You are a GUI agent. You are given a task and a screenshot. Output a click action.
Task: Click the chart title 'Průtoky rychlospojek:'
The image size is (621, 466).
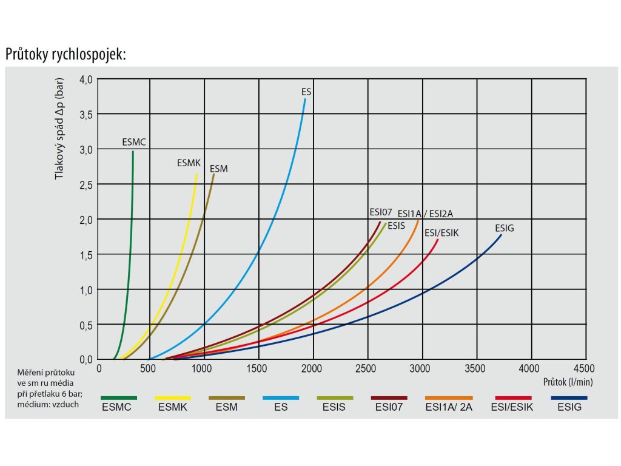(x=65, y=54)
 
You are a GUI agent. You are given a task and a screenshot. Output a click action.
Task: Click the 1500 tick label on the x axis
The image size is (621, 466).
(x=258, y=368)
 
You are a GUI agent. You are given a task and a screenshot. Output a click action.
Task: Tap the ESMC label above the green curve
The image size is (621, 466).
(x=134, y=143)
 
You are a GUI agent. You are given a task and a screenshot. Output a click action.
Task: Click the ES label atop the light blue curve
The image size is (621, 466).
(x=306, y=92)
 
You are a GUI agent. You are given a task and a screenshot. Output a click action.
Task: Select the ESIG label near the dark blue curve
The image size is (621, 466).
(x=505, y=228)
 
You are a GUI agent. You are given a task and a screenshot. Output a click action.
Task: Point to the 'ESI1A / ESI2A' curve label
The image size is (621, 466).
(x=425, y=214)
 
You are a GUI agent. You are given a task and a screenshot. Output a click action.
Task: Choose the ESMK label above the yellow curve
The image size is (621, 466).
(x=189, y=163)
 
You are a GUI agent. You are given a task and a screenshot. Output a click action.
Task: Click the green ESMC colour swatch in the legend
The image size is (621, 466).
(x=119, y=398)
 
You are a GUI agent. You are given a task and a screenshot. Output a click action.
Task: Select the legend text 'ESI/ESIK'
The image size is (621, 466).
(x=512, y=407)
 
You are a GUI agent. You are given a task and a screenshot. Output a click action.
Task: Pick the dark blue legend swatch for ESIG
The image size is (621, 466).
(x=569, y=398)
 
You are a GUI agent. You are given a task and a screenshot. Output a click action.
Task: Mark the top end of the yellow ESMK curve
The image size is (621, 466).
(x=196, y=175)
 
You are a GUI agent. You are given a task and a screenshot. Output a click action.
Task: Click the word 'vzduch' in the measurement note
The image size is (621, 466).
(x=66, y=405)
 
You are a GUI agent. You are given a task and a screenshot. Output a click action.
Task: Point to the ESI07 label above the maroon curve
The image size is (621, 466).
(x=381, y=212)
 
